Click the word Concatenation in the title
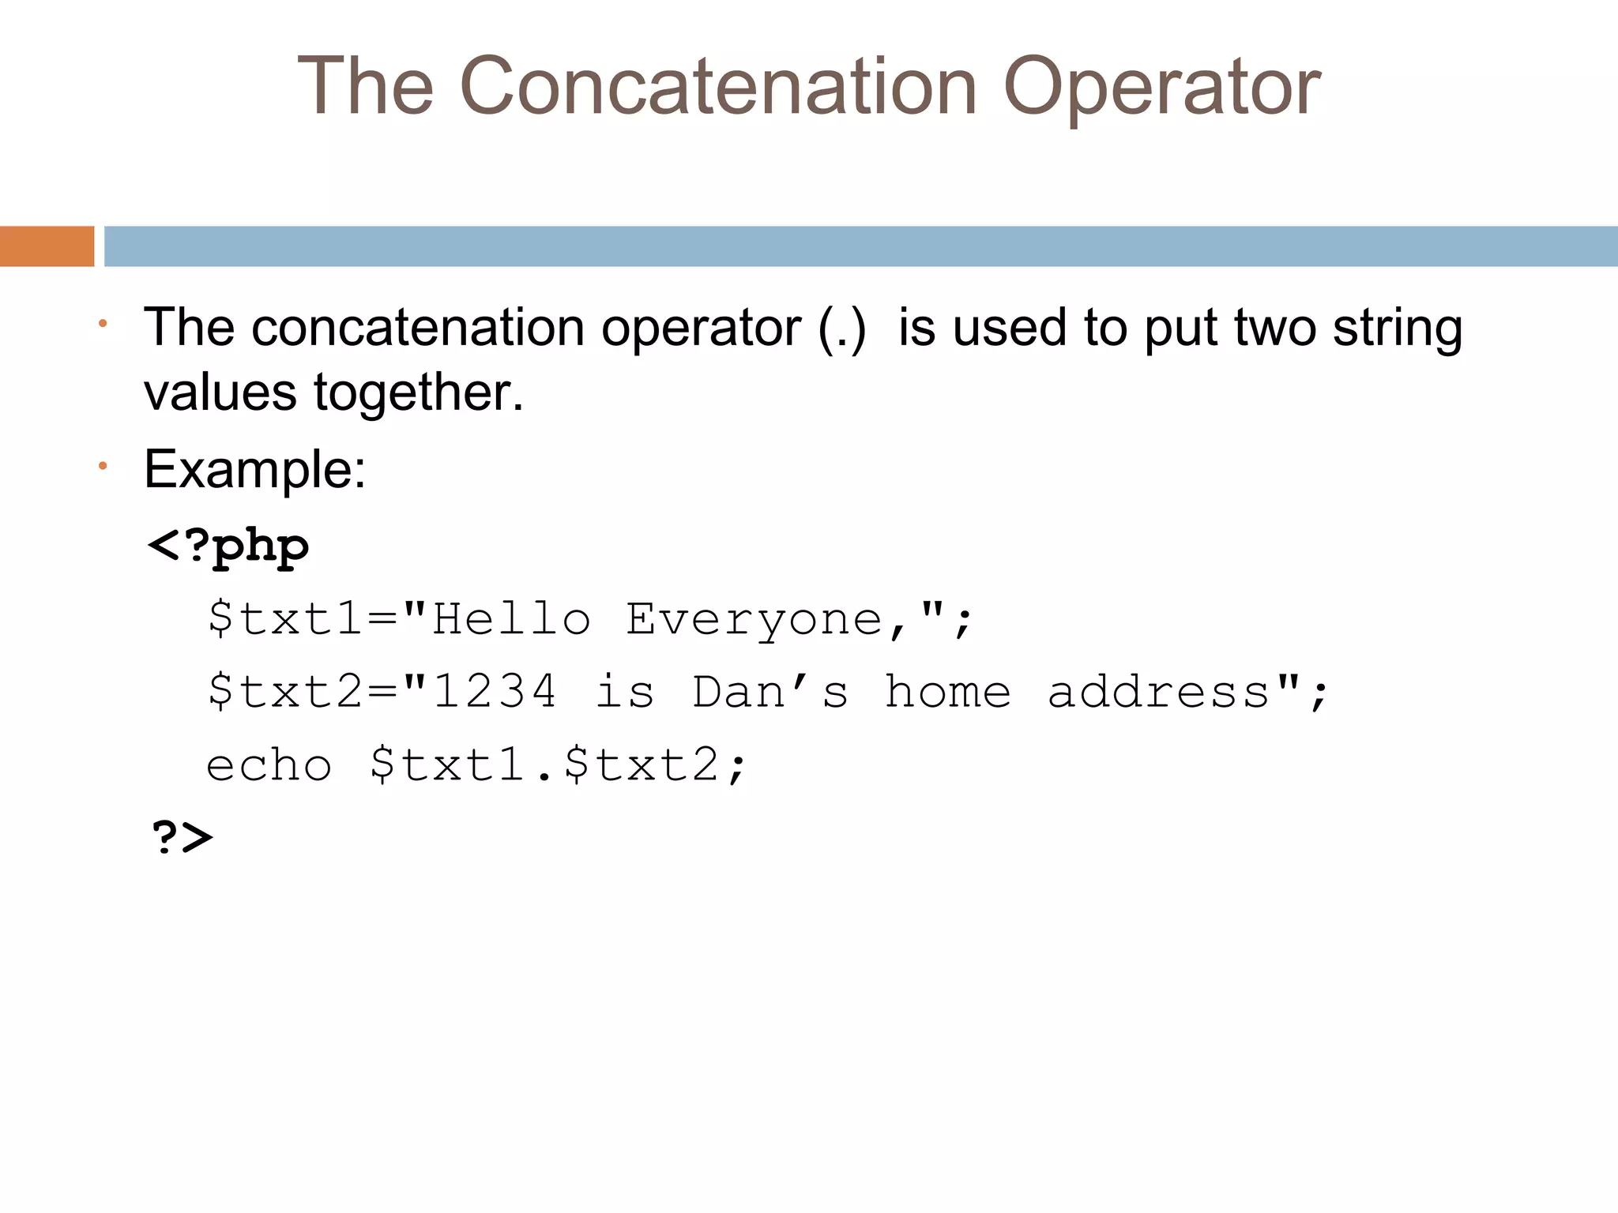[x=718, y=86]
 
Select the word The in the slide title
[x=366, y=86]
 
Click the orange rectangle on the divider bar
[x=47, y=246]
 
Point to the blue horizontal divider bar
[x=860, y=246]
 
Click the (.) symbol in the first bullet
[x=842, y=328]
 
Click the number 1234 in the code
[x=495, y=692]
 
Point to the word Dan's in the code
[x=770, y=692]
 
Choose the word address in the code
[x=1158, y=692]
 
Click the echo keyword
[x=269, y=765]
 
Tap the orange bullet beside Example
[x=103, y=467]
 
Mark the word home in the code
[x=947, y=692]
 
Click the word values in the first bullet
[x=220, y=392]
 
